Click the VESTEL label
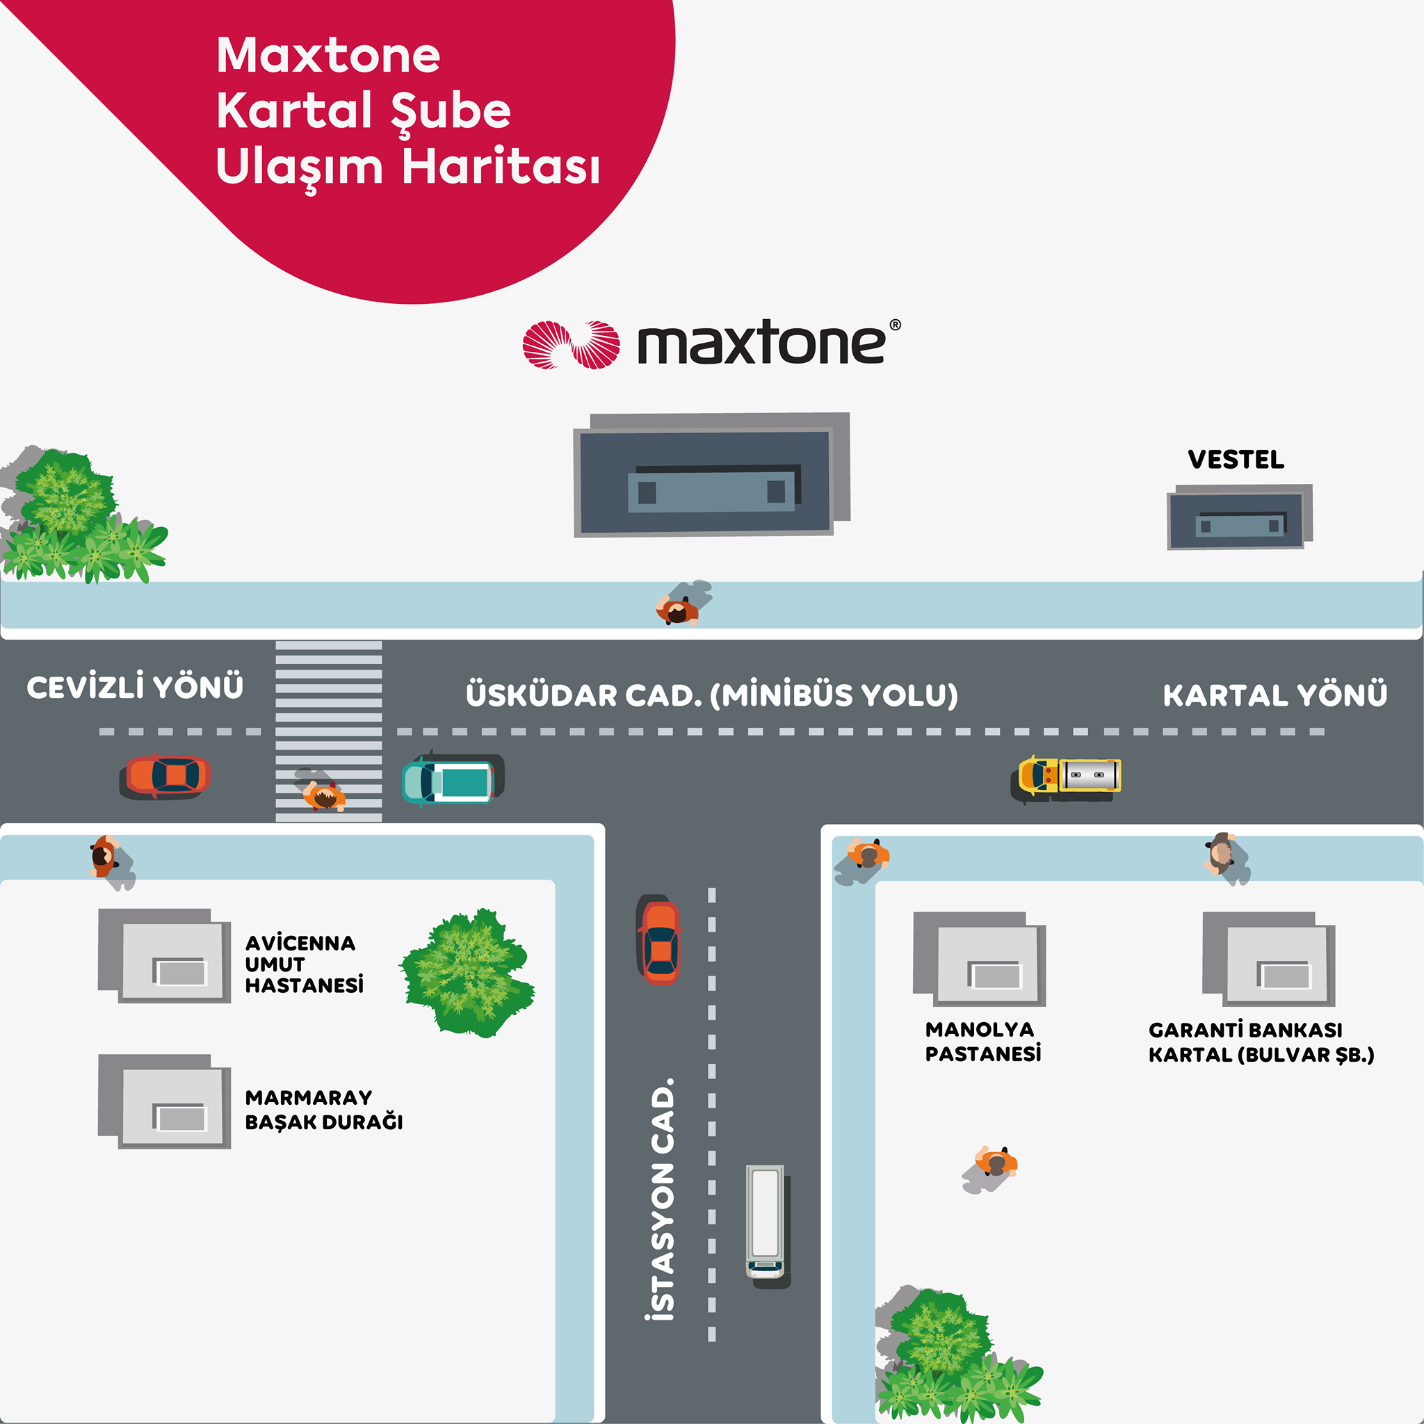click(x=1236, y=459)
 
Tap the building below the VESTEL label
click(x=1240, y=517)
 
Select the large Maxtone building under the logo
click(x=711, y=475)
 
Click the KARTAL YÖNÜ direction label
click(x=1275, y=695)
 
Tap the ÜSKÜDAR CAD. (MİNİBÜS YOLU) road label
click(x=712, y=695)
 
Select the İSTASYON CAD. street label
click(x=662, y=1199)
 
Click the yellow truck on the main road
click(x=1066, y=778)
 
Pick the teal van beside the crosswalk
click(x=453, y=780)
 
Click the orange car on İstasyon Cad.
click(x=660, y=940)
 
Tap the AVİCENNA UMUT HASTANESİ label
click(x=304, y=964)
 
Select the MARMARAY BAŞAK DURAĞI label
click(x=323, y=1109)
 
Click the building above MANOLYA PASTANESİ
click(x=980, y=959)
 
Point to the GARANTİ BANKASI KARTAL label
click(x=1261, y=1042)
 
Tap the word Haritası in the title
click(x=501, y=166)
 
